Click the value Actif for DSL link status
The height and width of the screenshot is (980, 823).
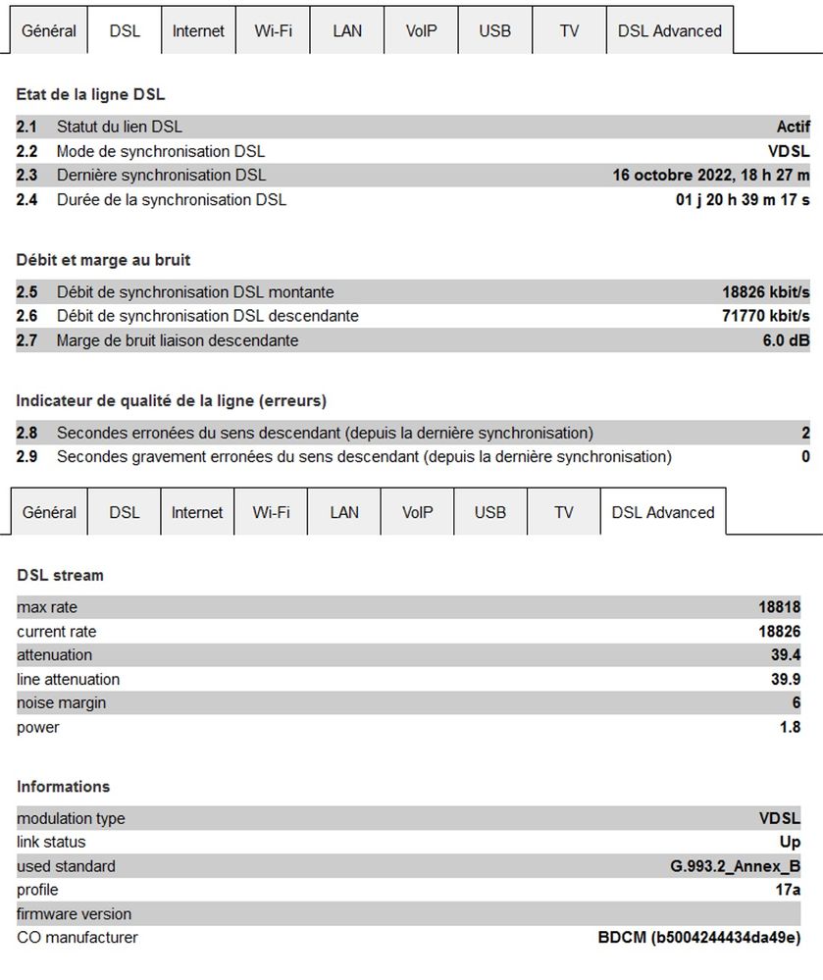pyautogui.click(x=793, y=127)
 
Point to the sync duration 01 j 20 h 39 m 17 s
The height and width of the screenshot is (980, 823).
pyautogui.click(x=737, y=200)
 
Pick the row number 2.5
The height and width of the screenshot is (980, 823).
pyautogui.click(x=27, y=292)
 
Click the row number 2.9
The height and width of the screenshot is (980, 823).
pyautogui.click(x=27, y=457)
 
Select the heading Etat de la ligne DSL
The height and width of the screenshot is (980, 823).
pyautogui.click(x=90, y=95)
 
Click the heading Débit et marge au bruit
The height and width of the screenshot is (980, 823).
pyautogui.click(x=103, y=260)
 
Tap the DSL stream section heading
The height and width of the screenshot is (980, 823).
pyautogui.click(x=60, y=575)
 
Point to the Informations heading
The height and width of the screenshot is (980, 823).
pyautogui.click(x=63, y=787)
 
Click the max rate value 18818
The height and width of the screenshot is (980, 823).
pyautogui.click(x=779, y=608)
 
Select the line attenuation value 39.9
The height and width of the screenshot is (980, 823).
pyautogui.click(x=786, y=680)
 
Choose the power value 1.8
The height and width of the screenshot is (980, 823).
pyautogui.click(x=790, y=728)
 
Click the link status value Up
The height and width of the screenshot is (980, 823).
pyautogui.click(x=790, y=843)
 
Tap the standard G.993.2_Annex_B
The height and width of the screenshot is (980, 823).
pyautogui.click(x=728, y=867)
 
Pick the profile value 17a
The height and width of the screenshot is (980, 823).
pyautogui.click(x=788, y=891)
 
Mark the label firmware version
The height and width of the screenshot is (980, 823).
pyautogui.click(x=74, y=914)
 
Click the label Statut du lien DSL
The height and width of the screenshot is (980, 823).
pyautogui.click(x=119, y=127)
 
